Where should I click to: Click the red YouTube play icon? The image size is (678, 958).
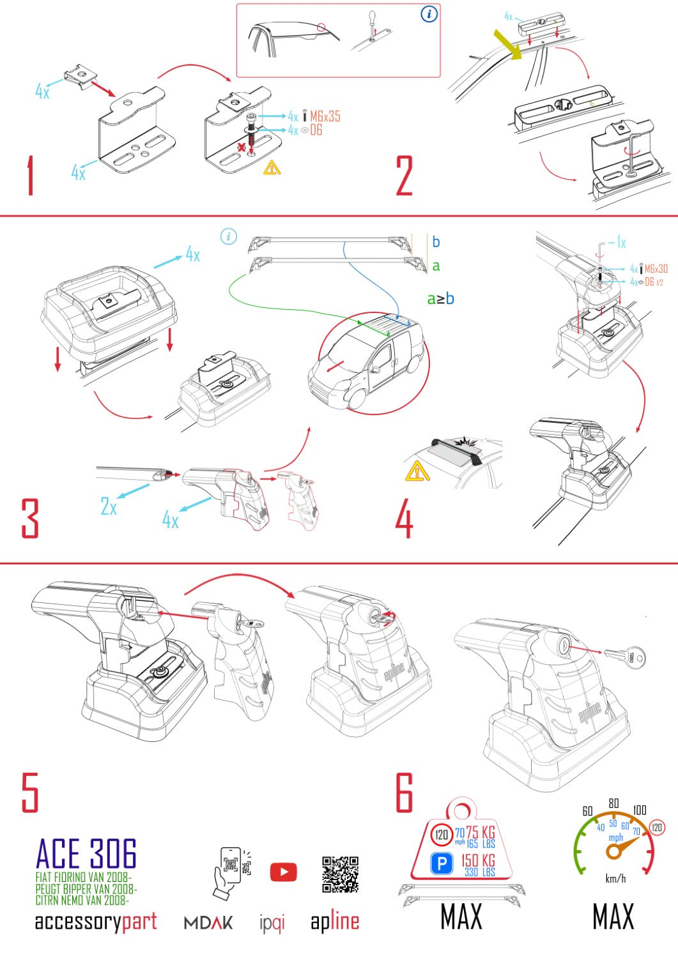click(x=283, y=872)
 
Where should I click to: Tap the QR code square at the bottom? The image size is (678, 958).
click(x=340, y=874)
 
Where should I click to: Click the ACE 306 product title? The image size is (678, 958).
click(x=86, y=855)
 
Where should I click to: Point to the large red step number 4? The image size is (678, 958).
click(x=404, y=519)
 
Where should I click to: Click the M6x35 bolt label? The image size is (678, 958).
click(x=325, y=116)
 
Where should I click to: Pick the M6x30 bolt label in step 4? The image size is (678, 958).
click(x=656, y=269)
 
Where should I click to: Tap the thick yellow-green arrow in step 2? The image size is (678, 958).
click(x=509, y=44)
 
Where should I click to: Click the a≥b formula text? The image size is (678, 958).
click(x=440, y=298)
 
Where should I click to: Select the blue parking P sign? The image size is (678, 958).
click(x=442, y=864)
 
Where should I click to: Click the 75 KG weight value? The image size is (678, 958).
click(x=481, y=832)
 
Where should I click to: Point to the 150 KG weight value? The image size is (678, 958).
click(x=478, y=860)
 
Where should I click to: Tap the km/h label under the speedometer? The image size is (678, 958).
click(x=615, y=879)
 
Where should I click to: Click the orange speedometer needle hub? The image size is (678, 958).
click(x=614, y=851)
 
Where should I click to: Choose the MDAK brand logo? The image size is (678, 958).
click(x=208, y=922)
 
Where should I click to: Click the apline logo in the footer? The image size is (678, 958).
click(x=335, y=922)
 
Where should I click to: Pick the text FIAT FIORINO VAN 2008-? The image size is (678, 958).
click(x=83, y=878)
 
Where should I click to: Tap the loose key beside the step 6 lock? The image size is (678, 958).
click(x=624, y=656)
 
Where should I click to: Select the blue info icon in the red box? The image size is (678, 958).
click(x=429, y=14)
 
